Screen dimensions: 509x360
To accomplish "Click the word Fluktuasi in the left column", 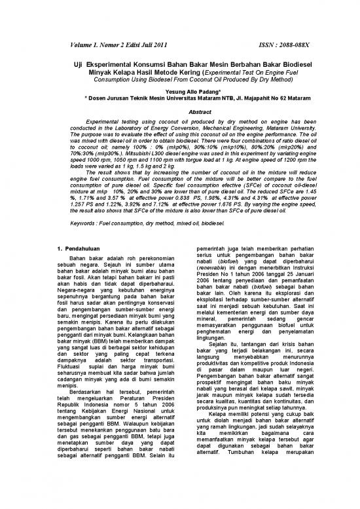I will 73,376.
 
